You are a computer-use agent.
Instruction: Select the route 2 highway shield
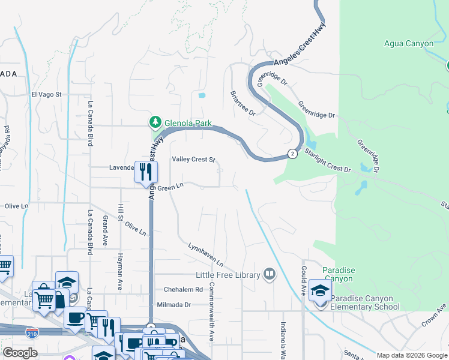292,154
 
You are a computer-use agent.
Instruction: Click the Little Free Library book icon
270,275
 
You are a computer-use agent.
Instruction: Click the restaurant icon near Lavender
146,173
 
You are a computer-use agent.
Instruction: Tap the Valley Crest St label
193,159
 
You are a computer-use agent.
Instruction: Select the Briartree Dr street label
243,104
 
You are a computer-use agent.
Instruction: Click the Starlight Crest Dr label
328,160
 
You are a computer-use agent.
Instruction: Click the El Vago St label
46,94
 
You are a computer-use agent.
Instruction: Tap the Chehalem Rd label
183,289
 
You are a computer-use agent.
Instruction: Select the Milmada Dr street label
173,305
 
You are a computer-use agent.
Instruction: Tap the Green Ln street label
170,187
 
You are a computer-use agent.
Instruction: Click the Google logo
20,353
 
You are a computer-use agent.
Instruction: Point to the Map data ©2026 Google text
412,355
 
